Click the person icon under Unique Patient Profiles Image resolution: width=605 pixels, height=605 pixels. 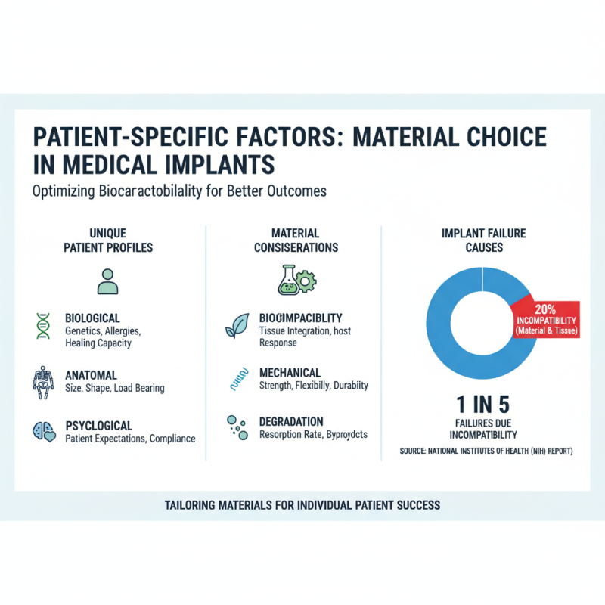click(x=108, y=280)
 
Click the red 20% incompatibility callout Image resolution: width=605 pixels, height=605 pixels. click(x=544, y=320)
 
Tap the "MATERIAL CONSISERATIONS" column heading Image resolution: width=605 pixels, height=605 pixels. click(x=296, y=240)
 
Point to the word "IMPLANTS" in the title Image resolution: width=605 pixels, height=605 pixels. click(x=219, y=165)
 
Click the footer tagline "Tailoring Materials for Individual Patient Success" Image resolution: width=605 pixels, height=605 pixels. click(x=302, y=504)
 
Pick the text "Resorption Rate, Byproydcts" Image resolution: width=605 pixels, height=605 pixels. click(x=313, y=435)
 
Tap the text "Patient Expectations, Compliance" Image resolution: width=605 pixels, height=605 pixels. click(x=130, y=439)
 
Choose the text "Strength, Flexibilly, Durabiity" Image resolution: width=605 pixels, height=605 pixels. click(x=314, y=386)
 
